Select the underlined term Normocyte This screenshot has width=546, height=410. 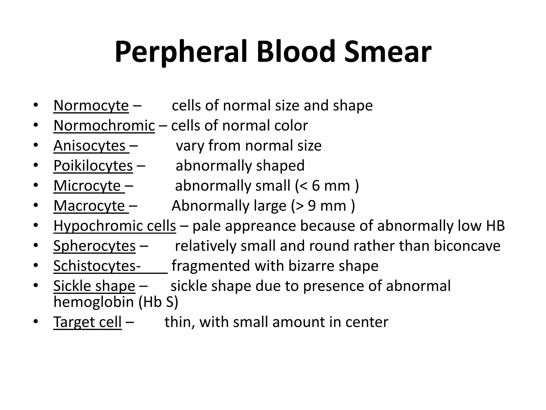[91, 106]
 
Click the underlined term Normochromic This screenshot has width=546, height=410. [104, 126]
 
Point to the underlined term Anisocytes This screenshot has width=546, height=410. [90, 146]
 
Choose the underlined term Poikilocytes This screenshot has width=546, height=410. [93, 166]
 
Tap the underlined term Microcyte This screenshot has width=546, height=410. [87, 186]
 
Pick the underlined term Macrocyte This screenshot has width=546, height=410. [89, 206]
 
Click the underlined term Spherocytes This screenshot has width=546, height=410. [94, 246]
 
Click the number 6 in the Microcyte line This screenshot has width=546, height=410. [316, 186]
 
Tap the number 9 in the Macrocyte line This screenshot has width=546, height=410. [312, 206]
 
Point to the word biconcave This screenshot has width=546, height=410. [467, 246]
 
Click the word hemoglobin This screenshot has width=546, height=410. [94, 302]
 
